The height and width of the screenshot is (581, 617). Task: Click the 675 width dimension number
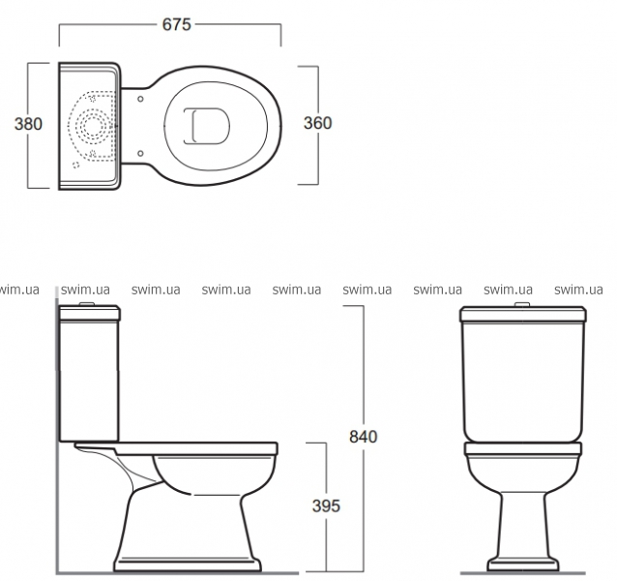[x=177, y=24]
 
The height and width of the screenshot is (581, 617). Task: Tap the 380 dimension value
[x=28, y=124]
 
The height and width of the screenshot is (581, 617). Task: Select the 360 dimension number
[x=317, y=123]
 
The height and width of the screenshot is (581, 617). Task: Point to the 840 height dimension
[x=364, y=437]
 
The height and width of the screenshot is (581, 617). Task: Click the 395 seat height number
[x=326, y=506]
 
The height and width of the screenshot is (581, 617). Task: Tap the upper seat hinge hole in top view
[x=140, y=99]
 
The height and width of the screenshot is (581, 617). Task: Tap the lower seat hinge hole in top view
[x=140, y=153]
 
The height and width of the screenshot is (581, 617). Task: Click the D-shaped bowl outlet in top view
[x=207, y=126]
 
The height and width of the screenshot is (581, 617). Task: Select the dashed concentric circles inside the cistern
[x=93, y=126]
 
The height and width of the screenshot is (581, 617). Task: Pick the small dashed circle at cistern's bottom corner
[x=76, y=165]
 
